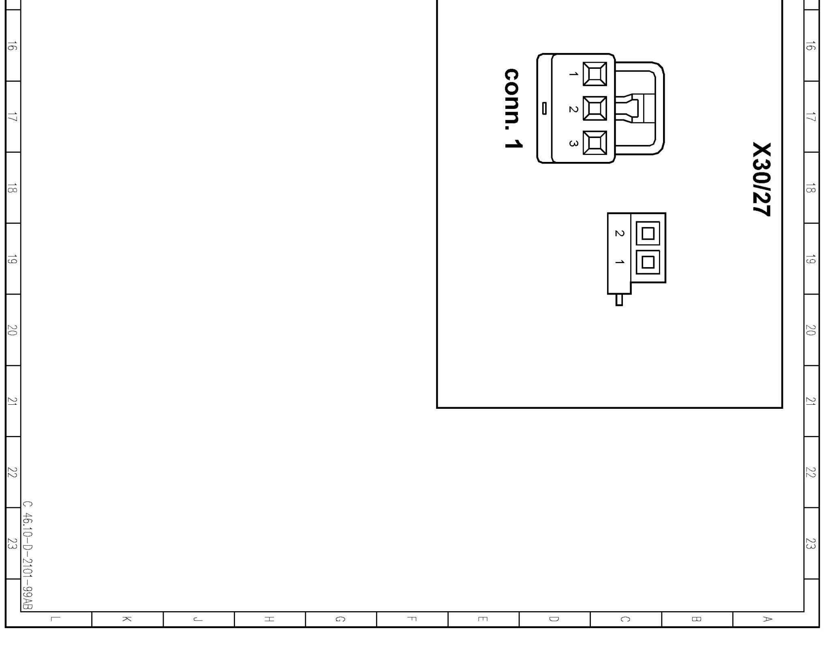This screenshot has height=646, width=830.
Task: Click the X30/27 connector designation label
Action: (x=762, y=179)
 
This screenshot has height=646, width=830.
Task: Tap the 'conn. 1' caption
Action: (x=513, y=108)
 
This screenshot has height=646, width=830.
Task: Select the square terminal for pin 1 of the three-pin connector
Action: (x=595, y=74)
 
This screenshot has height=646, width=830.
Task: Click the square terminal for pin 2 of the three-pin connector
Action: (x=595, y=108)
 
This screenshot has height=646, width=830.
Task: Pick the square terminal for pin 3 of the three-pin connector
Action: (x=595, y=143)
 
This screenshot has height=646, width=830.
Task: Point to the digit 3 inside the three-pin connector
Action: (x=573, y=143)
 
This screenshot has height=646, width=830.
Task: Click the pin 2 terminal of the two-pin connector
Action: (x=648, y=234)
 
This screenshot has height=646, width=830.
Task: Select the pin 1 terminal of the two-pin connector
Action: (x=648, y=262)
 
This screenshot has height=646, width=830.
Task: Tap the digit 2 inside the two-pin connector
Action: (x=619, y=233)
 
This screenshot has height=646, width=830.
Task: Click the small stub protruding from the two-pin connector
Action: (x=619, y=300)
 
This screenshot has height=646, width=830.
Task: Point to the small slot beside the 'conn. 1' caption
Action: (x=544, y=108)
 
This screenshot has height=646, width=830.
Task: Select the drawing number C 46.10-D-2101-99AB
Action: (x=28, y=555)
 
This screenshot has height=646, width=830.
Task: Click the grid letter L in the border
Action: (x=56, y=619)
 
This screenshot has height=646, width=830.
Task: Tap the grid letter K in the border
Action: (x=127, y=619)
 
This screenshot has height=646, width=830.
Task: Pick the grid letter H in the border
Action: (x=270, y=619)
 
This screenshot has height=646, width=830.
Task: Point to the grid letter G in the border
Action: (x=341, y=619)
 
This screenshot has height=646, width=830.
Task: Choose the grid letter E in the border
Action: (x=483, y=619)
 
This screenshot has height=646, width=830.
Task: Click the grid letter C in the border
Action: (x=625, y=619)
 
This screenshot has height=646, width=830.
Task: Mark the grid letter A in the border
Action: (x=768, y=619)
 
